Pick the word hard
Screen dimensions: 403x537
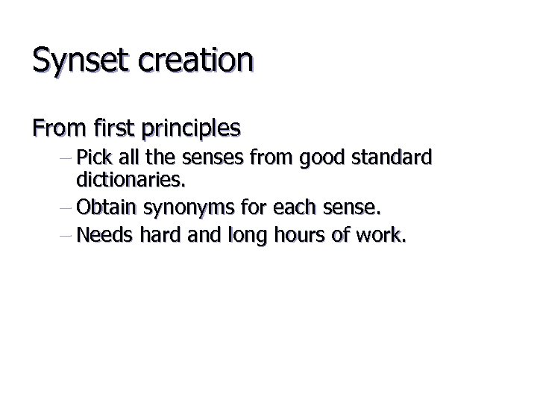click(x=153, y=237)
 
